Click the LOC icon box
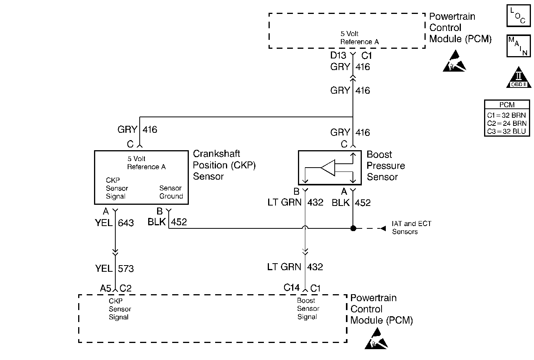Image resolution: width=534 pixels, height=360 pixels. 518,16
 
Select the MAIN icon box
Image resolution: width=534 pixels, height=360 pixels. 518,46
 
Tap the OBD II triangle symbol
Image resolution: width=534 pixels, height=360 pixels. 519,79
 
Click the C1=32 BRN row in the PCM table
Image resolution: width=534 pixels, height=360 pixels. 507,115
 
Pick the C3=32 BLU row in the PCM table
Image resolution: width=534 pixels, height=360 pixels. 507,132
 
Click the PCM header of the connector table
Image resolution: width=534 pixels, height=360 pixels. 507,105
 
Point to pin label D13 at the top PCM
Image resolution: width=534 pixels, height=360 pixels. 338,55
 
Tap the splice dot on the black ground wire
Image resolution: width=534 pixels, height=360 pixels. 353,228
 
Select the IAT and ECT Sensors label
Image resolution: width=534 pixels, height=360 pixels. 411,228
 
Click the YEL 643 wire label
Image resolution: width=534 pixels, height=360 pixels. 114,223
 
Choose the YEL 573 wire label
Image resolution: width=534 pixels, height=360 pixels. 114,269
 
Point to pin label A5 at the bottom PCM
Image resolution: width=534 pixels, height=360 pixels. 106,288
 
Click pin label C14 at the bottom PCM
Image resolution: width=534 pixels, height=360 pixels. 291,288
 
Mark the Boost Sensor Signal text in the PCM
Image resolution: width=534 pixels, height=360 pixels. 308,309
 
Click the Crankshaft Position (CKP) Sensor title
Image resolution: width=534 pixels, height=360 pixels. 224,165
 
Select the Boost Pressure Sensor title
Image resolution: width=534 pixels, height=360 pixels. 385,166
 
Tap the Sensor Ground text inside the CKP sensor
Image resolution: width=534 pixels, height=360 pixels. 171,192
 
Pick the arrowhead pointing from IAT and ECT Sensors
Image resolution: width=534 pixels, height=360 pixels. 383,228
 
